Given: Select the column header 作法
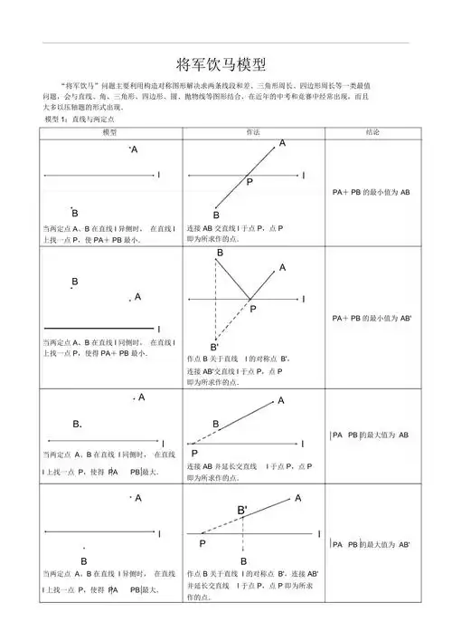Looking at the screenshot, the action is (253, 132).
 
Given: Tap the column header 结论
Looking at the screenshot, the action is (372, 132).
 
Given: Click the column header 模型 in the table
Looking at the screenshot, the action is (109, 132).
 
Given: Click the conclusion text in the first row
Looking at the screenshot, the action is (371, 193).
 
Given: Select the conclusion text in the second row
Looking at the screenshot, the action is (372, 319).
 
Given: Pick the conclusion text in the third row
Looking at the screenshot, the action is (372, 435).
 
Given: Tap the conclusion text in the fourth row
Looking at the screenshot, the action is (372, 544).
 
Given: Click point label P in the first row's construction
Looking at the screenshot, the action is (250, 182).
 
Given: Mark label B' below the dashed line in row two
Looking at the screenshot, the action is (214, 348).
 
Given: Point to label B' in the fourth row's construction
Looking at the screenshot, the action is (242, 511).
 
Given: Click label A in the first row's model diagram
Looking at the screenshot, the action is (135, 150).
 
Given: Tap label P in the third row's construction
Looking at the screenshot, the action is (194, 453).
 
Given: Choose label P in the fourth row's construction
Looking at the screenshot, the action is (202, 544).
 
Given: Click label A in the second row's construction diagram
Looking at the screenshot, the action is (283, 268).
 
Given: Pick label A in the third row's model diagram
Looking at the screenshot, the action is (142, 397).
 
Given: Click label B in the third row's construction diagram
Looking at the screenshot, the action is (216, 424).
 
